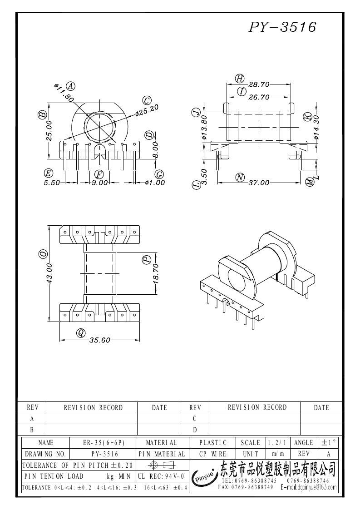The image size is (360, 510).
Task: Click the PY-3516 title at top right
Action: point(282,27)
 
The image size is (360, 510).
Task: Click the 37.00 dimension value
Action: point(259,183)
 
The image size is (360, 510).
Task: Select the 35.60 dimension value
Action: point(99,340)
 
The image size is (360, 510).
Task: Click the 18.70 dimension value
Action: point(155,274)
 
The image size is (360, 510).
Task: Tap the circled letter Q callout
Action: point(81,333)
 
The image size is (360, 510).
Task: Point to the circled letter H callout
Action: point(240,79)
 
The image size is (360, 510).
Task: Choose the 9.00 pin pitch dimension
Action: point(99,183)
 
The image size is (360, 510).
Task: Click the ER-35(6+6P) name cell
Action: point(104,442)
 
